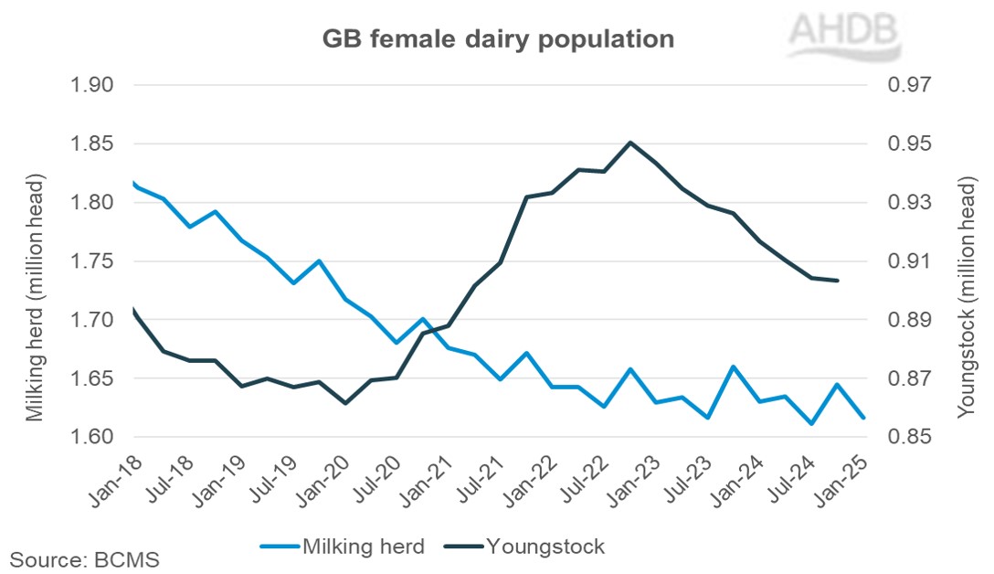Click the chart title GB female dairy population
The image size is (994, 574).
498,39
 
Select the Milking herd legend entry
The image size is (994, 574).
343,547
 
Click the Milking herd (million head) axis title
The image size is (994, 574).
35,261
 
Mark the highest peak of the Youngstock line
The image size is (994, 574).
629,143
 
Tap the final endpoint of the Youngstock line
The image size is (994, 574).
838,281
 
